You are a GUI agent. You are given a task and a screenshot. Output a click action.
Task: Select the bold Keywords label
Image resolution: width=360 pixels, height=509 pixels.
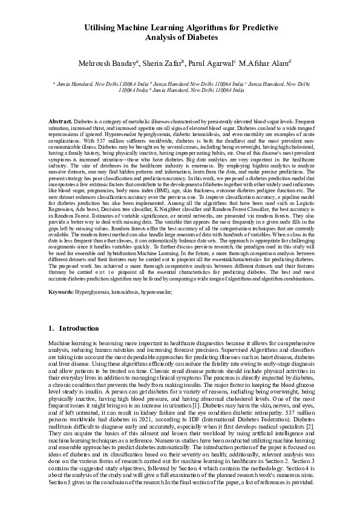(x=61, y=292)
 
